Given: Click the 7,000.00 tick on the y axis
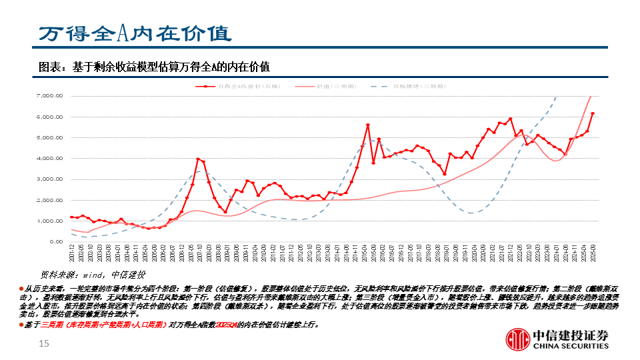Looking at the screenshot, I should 49,96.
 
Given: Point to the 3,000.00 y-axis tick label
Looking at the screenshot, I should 49,179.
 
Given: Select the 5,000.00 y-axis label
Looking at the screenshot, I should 49,138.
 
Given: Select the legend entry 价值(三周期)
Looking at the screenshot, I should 336,86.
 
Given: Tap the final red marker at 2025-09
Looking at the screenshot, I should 593,114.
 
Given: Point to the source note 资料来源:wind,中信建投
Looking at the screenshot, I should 93,274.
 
